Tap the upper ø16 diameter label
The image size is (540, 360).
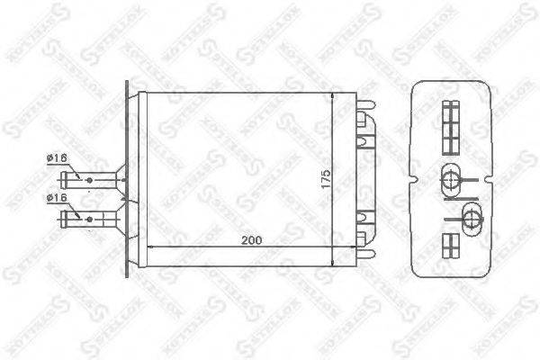[x=57, y=159]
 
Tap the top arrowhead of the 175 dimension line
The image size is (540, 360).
[x=334, y=95]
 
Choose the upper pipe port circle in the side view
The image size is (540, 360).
[x=451, y=177]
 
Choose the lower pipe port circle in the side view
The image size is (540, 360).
[x=471, y=215]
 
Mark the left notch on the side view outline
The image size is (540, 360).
[x=414, y=177]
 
